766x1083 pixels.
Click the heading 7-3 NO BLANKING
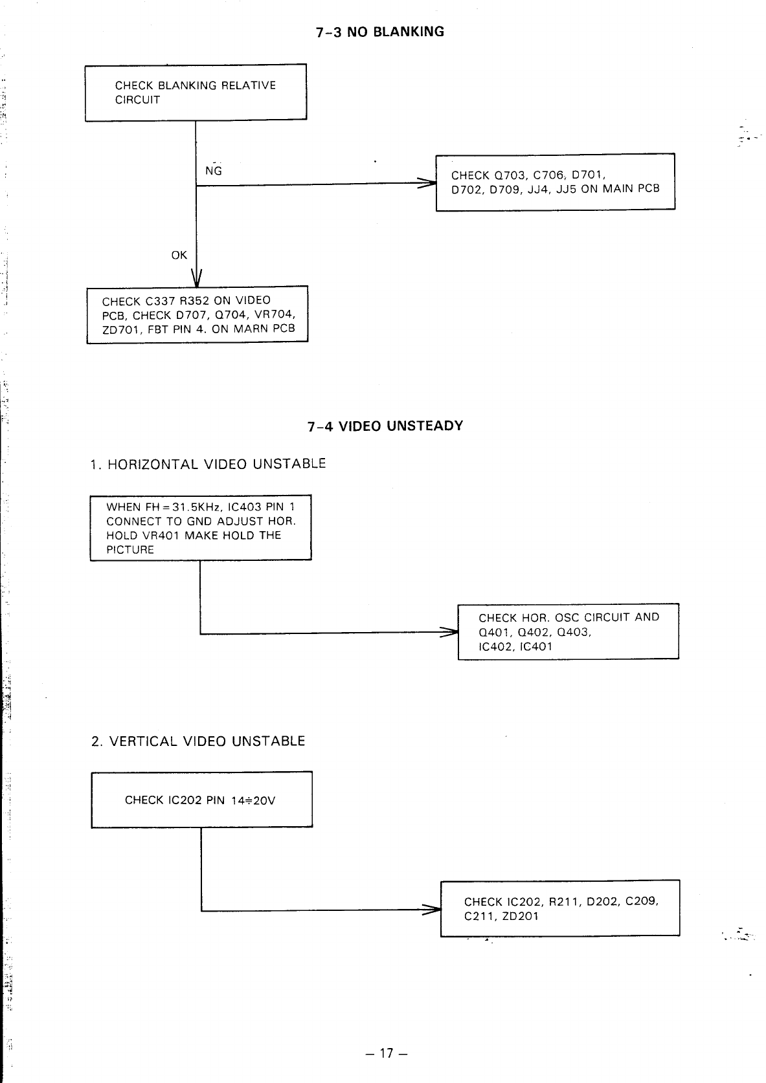(x=380, y=32)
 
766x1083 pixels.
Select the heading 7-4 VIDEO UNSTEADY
(x=385, y=426)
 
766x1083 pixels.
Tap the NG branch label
(x=213, y=171)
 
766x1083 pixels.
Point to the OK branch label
(x=179, y=256)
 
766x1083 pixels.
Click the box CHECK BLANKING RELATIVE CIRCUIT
(x=196, y=93)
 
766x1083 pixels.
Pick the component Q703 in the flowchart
(x=510, y=175)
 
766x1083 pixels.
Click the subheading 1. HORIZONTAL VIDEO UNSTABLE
(x=208, y=465)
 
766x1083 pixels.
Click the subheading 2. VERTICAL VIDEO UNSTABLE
(x=198, y=741)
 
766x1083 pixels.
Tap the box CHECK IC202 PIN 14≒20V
(x=201, y=800)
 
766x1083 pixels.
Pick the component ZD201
(x=520, y=916)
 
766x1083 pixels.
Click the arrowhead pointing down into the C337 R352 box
(x=196, y=279)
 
